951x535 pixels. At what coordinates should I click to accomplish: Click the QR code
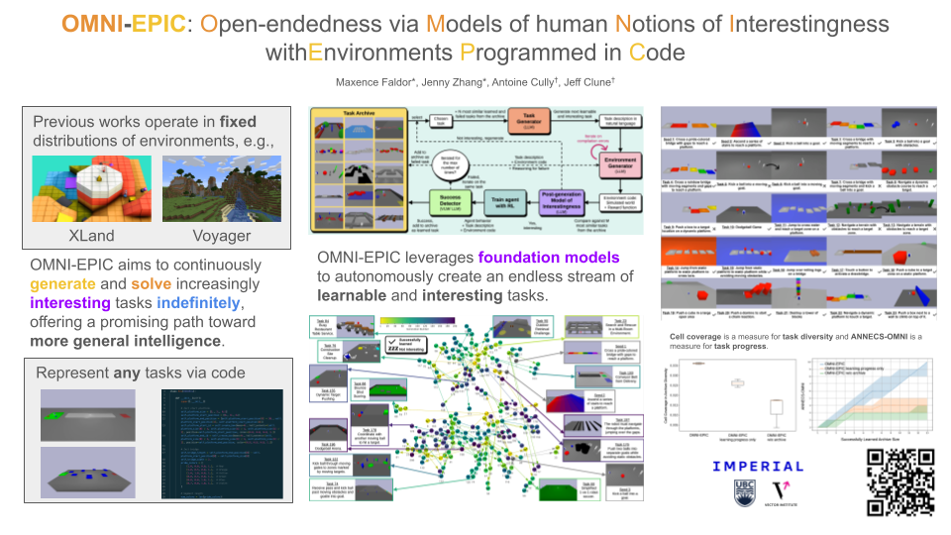tap(901, 482)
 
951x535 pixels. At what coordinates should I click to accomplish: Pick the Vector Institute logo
tap(781, 493)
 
